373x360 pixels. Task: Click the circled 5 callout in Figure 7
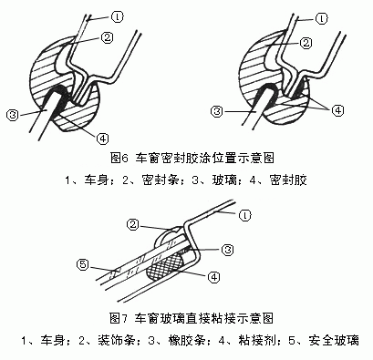[x=82, y=265]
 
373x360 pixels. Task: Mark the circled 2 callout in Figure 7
[x=133, y=222]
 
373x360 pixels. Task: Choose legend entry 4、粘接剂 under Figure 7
[x=249, y=341]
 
